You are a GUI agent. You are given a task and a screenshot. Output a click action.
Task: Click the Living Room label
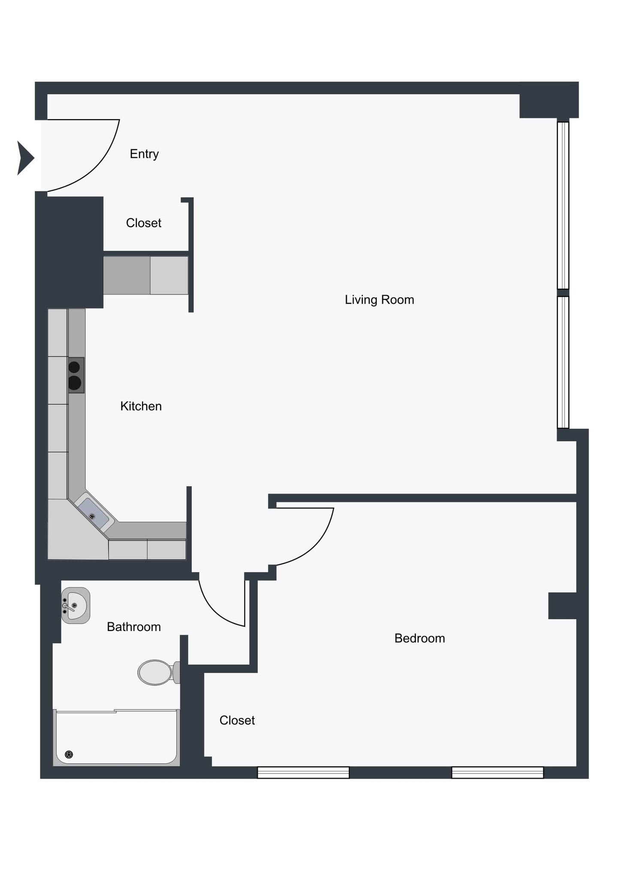point(379,300)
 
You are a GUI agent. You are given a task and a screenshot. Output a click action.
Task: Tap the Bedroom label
point(419,638)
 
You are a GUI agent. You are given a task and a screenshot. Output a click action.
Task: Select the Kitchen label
point(141,406)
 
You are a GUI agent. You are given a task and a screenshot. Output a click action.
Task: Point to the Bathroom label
point(134,627)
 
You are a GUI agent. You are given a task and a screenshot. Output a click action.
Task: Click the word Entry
point(144,153)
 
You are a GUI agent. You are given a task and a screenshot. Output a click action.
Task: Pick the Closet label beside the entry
point(143,223)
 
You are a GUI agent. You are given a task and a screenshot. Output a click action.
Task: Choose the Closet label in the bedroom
point(237,720)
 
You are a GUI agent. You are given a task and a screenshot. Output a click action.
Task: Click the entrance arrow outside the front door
point(25,158)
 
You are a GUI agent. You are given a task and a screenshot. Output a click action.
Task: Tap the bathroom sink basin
point(76,605)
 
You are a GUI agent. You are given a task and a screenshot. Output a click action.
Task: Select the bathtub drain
point(69,755)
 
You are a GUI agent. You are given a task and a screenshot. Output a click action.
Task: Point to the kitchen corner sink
point(93,514)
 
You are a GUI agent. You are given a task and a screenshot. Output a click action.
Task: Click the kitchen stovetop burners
point(75,375)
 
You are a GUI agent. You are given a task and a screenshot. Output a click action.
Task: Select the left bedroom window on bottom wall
point(303,773)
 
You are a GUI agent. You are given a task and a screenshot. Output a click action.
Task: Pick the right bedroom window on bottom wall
point(497,773)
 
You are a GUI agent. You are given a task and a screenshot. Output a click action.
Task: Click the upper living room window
point(563,205)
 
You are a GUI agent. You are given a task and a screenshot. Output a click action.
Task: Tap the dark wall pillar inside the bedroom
point(562,605)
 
